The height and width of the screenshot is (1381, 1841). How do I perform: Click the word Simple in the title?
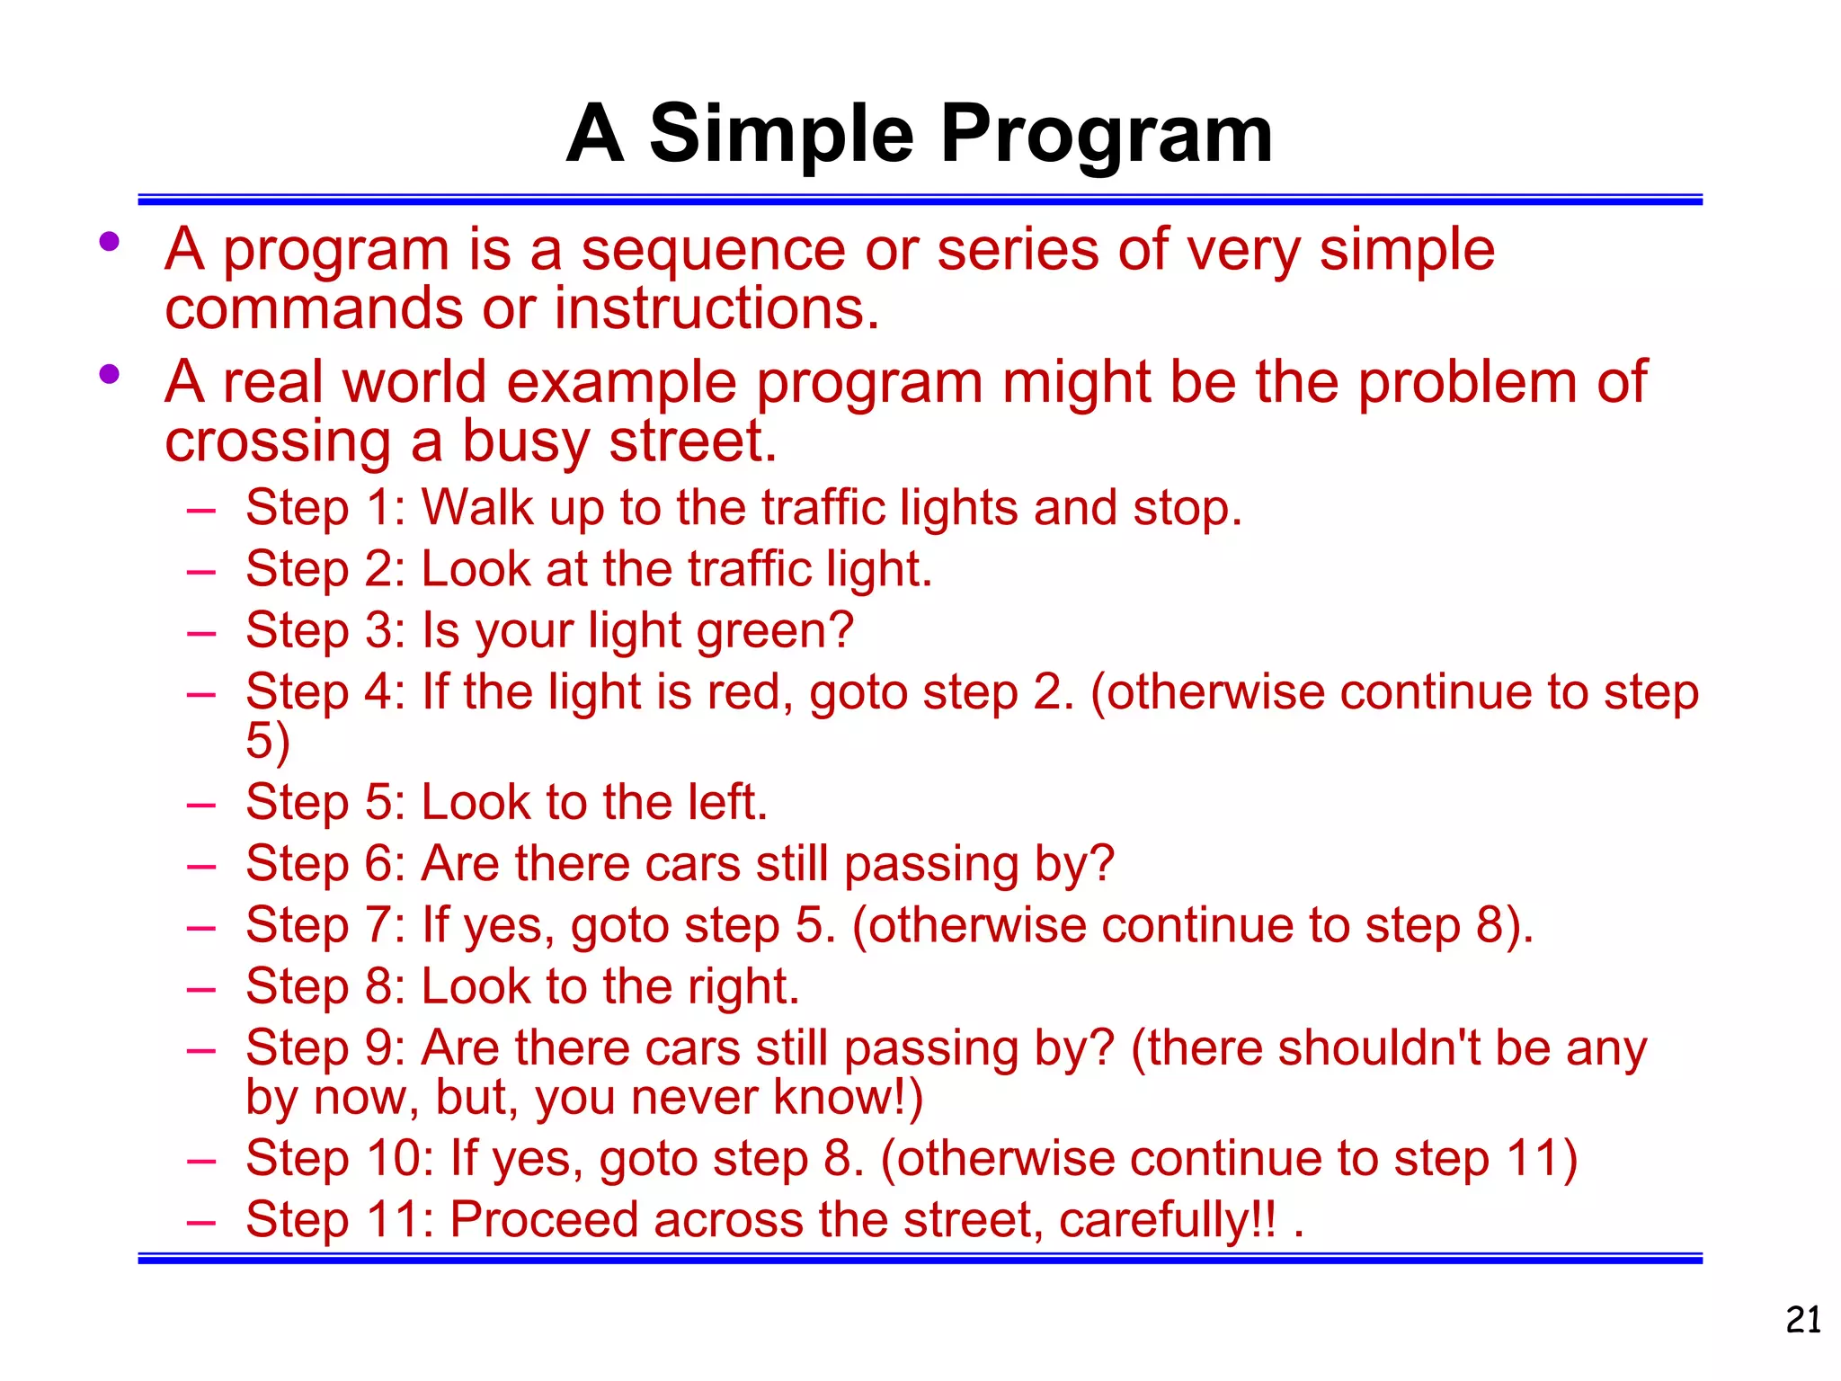pyautogui.click(x=780, y=135)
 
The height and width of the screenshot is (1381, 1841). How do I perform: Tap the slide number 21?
pyautogui.click(x=1802, y=1320)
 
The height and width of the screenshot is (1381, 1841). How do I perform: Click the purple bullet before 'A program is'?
pyautogui.click(x=110, y=241)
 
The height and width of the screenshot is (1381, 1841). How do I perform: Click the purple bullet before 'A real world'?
pyautogui.click(x=110, y=374)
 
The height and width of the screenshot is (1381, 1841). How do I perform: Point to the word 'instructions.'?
pyautogui.click(x=716, y=308)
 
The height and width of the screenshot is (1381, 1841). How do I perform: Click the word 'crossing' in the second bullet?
pyautogui.click(x=278, y=442)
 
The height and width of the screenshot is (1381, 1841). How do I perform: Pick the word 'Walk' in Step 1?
pyautogui.click(x=477, y=508)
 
